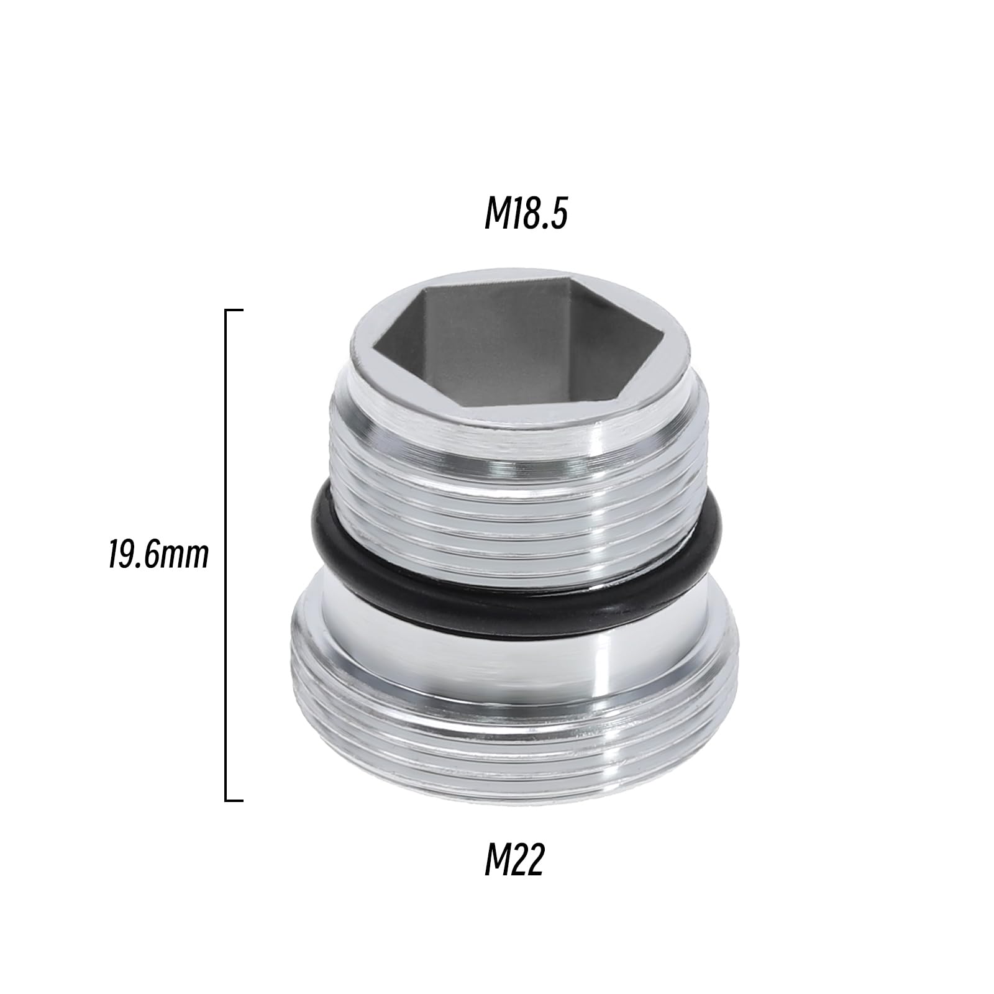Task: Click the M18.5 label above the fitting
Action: point(526,215)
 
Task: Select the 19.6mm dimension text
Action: point(158,555)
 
